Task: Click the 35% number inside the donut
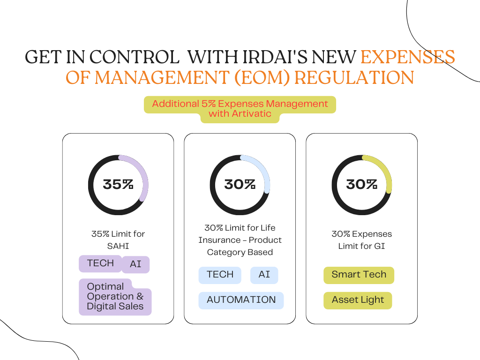(x=118, y=184)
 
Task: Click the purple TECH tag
(x=100, y=263)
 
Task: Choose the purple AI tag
(x=135, y=264)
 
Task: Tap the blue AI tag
(x=264, y=275)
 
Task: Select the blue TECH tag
(x=220, y=275)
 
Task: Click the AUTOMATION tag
(x=241, y=300)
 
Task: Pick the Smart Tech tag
(x=359, y=275)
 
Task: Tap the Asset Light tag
(x=358, y=300)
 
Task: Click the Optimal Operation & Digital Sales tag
(x=115, y=296)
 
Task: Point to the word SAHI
(x=118, y=246)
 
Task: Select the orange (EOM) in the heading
(x=255, y=77)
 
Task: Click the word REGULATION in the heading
(x=354, y=77)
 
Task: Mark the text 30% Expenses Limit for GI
(x=361, y=240)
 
